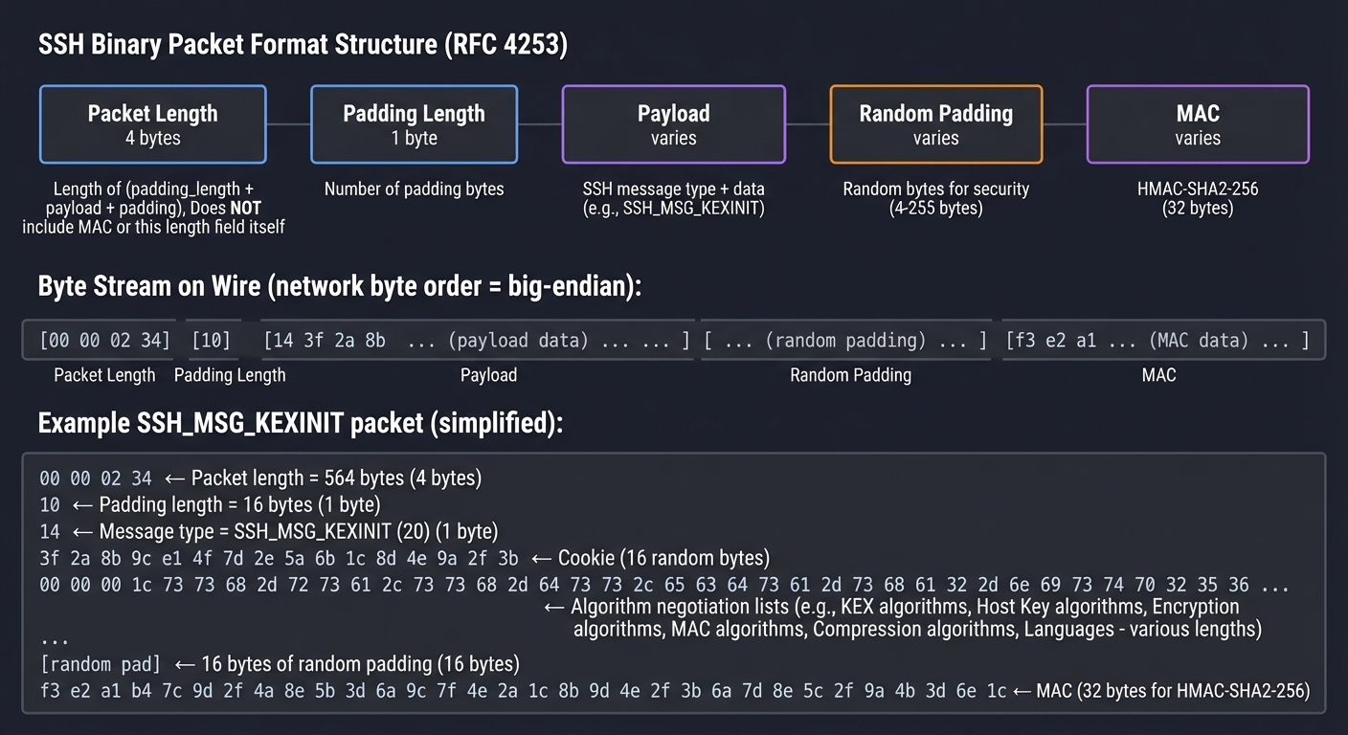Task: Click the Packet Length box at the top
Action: tap(153, 124)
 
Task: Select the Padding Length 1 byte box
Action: tap(414, 124)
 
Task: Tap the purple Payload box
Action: tap(673, 124)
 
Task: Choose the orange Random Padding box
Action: tap(935, 124)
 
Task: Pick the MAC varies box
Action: tap(1198, 124)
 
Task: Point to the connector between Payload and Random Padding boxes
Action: tap(808, 124)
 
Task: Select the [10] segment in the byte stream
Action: tap(211, 341)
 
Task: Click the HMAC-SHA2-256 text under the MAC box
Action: tap(1198, 189)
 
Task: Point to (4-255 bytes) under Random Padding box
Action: tap(935, 208)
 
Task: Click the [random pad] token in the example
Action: tap(101, 663)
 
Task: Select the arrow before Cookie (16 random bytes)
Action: tap(542, 558)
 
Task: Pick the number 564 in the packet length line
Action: tap(342, 478)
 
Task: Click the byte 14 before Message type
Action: tap(50, 531)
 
